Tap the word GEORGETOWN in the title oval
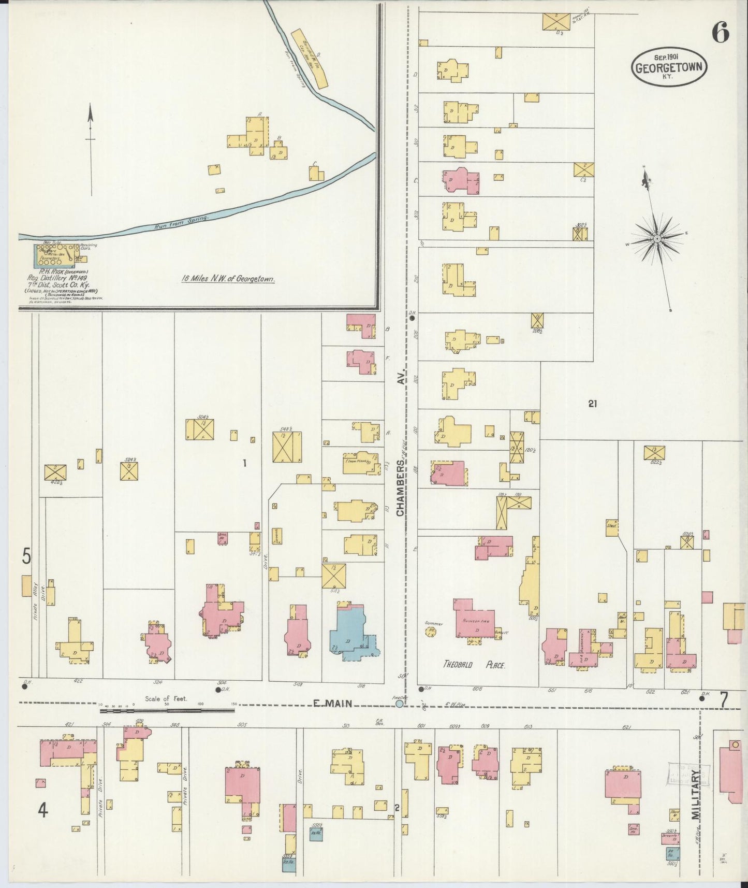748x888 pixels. tap(669, 67)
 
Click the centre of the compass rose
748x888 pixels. tap(657, 238)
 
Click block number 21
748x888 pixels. tap(593, 404)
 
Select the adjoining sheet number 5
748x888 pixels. tap(26, 556)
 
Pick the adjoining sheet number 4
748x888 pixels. tap(42, 810)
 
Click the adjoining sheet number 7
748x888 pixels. tap(724, 699)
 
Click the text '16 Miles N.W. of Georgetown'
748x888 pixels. tap(228, 279)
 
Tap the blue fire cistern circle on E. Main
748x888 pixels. tap(399, 704)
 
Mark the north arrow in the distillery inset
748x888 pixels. tap(91, 150)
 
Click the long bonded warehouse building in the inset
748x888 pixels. tap(310, 57)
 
